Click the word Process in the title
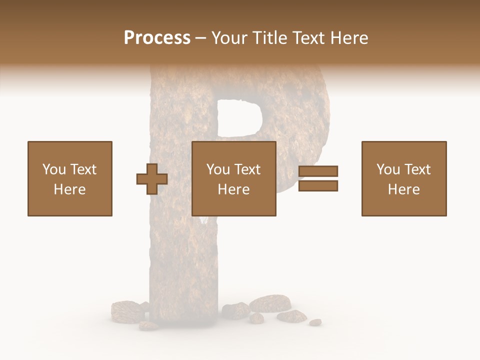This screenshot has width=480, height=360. click(x=157, y=38)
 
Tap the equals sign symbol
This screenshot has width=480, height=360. click(x=318, y=178)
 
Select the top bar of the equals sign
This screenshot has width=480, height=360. click(x=318, y=171)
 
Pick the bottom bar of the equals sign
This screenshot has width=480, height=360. click(x=318, y=186)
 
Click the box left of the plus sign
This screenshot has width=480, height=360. click(x=70, y=178)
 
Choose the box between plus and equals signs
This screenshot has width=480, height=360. click(x=234, y=178)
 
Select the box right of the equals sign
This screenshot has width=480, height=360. click(x=404, y=178)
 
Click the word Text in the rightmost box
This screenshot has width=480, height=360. click(x=417, y=169)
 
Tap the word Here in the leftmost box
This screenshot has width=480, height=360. click(x=70, y=189)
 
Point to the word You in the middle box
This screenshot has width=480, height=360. click(x=218, y=169)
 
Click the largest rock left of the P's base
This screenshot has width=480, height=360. click(x=127, y=311)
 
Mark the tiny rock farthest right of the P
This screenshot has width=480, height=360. click(x=315, y=322)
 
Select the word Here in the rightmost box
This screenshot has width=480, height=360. click(x=404, y=189)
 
